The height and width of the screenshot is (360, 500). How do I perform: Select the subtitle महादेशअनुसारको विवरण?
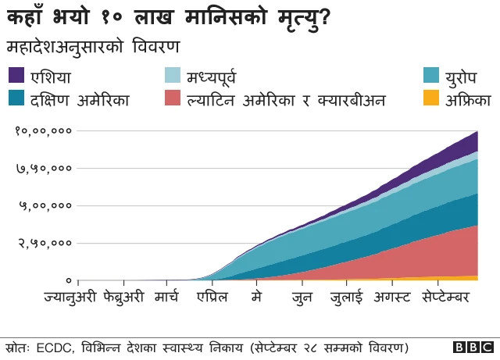tap(92, 46)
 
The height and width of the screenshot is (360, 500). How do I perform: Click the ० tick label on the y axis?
tap(69, 280)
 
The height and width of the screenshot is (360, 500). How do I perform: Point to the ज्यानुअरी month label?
tap(70, 298)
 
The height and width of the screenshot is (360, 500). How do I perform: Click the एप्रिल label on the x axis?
tap(212, 298)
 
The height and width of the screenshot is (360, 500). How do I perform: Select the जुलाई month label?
tap(346, 298)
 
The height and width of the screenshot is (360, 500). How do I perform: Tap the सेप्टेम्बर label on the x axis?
tap(446, 298)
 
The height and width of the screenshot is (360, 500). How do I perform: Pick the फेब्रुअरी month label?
tap(123, 298)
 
